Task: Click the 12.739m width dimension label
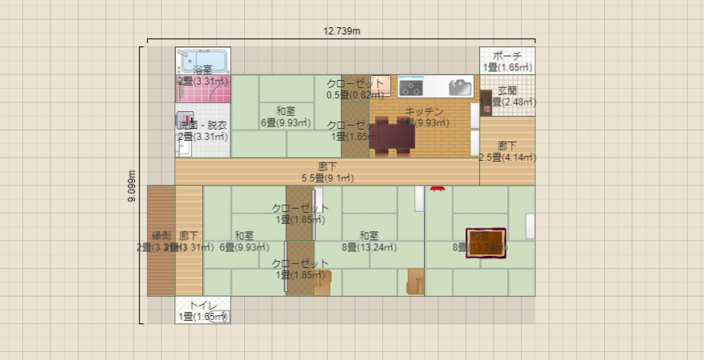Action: coord(342,31)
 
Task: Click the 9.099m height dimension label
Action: coord(132,186)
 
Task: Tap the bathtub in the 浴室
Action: coord(203,61)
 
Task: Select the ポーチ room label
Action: coord(507,56)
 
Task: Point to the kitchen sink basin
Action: coord(461,86)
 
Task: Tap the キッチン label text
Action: coord(424,111)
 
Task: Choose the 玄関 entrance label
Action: coord(507,90)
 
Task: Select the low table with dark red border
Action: coord(486,242)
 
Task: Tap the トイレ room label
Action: coord(203,306)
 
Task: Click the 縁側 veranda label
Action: coord(161,236)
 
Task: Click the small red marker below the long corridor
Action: coord(437,189)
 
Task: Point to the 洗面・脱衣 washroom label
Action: coord(203,125)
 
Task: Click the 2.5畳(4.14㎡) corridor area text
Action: coord(506,157)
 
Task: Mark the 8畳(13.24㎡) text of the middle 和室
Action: coord(369,247)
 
